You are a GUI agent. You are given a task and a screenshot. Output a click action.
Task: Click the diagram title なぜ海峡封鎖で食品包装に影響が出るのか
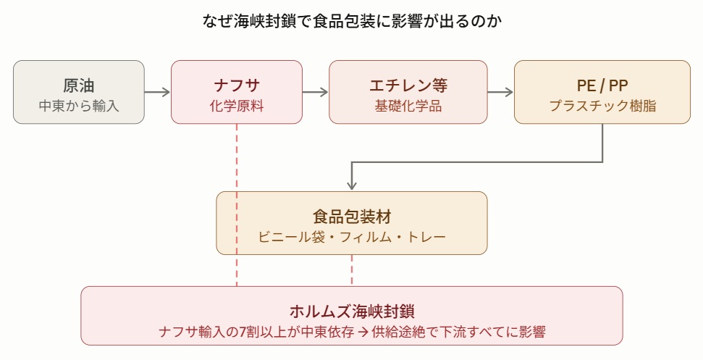click(x=352, y=21)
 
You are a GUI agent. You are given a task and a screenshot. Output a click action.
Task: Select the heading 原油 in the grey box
click(x=79, y=85)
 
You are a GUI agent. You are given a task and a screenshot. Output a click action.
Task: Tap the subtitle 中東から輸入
click(x=79, y=106)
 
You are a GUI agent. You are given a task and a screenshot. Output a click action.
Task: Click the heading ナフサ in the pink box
click(x=237, y=85)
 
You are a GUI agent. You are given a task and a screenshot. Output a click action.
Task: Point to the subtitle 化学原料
click(x=237, y=106)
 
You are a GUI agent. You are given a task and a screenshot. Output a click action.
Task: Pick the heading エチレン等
click(x=408, y=85)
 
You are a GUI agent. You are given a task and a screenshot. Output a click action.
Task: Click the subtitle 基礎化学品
click(x=408, y=106)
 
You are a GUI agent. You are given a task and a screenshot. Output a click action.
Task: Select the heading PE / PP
click(x=602, y=85)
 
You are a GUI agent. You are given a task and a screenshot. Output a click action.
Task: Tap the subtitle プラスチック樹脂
click(x=602, y=106)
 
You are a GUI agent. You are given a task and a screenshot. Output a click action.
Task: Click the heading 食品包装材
click(x=352, y=217)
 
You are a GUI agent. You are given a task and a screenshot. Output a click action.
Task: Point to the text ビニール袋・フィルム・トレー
click(x=352, y=237)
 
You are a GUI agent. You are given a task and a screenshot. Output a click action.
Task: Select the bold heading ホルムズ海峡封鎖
click(x=352, y=311)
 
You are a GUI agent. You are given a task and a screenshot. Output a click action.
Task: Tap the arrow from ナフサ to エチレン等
click(x=316, y=92)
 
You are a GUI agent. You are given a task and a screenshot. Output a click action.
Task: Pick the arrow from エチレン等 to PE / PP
click(x=500, y=92)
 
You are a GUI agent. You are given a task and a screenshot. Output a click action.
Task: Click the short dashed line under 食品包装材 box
click(x=352, y=270)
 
